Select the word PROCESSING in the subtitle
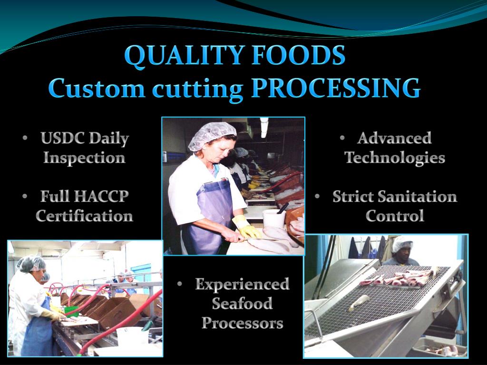pyautogui.click(x=335, y=88)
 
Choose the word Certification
pyautogui.click(x=84, y=216)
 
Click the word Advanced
pyautogui.click(x=394, y=138)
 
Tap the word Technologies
pyautogui.click(x=395, y=158)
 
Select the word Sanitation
pyautogui.click(x=418, y=196)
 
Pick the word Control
pyautogui.click(x=395, y=216)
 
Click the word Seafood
pyautogui.click(x=242, y=304)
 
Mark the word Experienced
pyautogui.click(x=242, y=284)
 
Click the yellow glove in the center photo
pyautogui.click(x=247, y=227)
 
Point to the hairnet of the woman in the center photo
pyautogui.click(x=212, y=134)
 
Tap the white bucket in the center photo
pyautogui.click(x=274, y=218)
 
